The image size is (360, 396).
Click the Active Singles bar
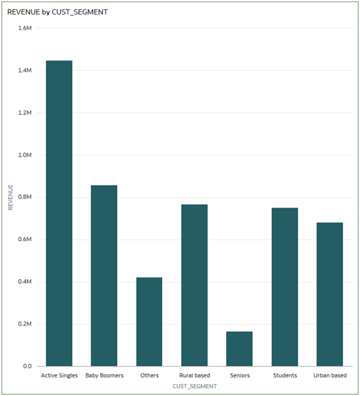pos(59,213)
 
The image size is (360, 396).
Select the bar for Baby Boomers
pos(104,275)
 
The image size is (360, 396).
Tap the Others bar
pos(149,322)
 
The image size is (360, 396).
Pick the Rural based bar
pos(194,285)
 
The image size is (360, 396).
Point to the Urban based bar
pos(329,294)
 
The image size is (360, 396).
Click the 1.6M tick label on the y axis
pos(25,28)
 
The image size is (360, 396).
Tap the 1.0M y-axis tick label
pos(25,155)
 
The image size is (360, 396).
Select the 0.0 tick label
pos(27,366)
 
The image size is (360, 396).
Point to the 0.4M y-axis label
pos(25,281)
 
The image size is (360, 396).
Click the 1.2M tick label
pos(25,113)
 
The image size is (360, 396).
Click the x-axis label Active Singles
pos(59,376)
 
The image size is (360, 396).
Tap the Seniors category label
pos(239,376)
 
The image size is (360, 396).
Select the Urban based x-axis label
pos(329,376)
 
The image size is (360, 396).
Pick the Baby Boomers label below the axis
pos(104,376)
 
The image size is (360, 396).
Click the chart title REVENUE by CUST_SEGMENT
pos(58,11)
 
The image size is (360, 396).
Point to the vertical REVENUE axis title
pos(10,197)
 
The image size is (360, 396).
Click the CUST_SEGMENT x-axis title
pos(194,386)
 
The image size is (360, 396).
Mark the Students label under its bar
pos(284,376)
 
